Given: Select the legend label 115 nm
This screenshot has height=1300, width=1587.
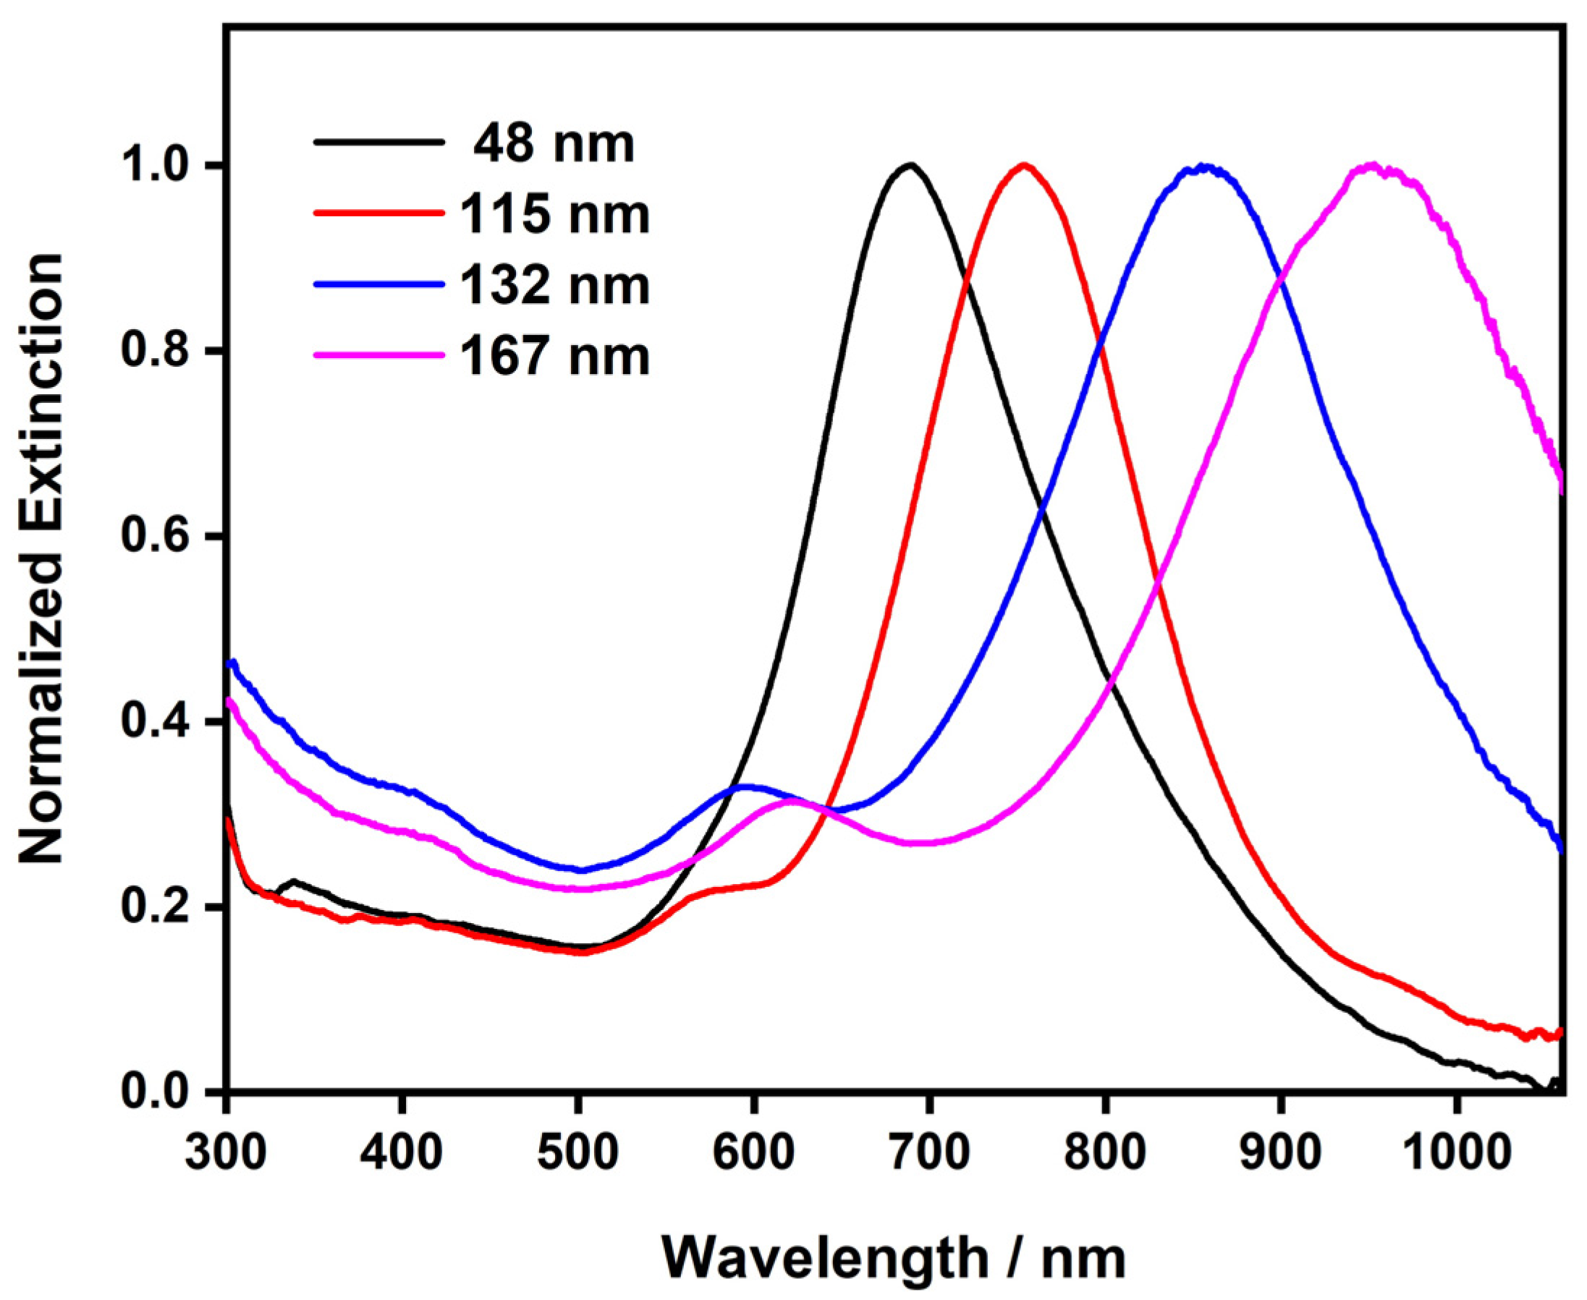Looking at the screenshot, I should [x=555, y=214].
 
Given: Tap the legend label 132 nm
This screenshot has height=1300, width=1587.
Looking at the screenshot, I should [x=555, y=285].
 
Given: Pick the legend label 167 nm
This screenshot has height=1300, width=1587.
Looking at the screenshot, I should [x=555, y=357].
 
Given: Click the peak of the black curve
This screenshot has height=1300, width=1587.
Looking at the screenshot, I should [x=910, y=165].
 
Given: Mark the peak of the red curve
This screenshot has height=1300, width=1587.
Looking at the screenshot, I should [x=1024, y=166].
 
